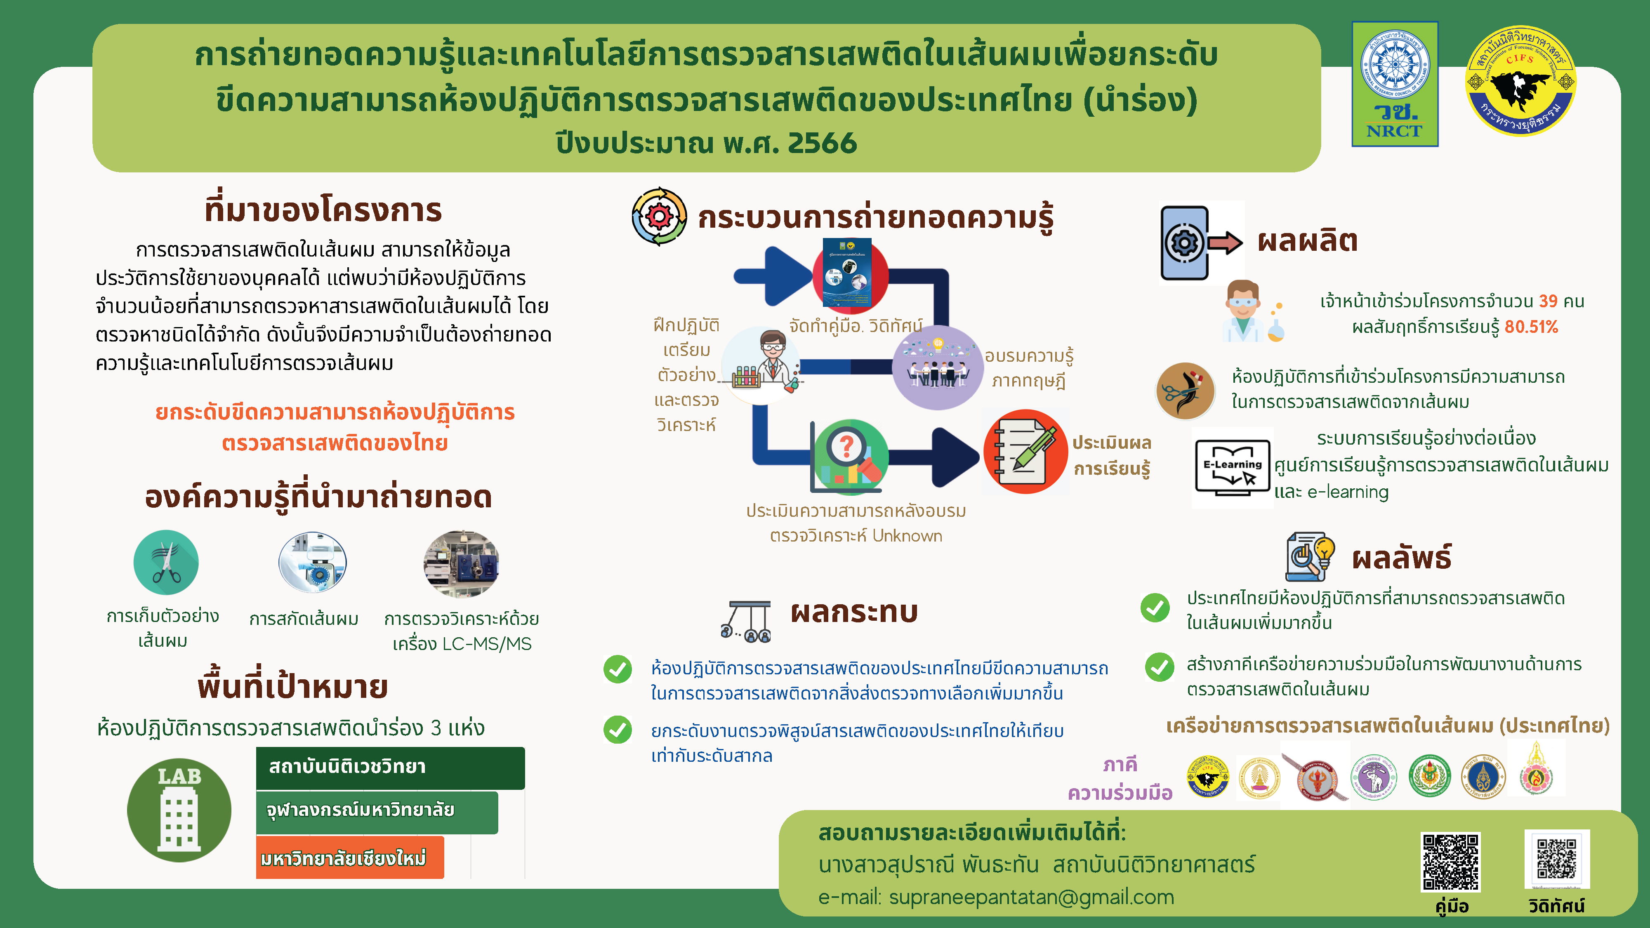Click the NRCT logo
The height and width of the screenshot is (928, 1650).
click(1394, 84)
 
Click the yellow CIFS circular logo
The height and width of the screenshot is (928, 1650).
click(1520, 81)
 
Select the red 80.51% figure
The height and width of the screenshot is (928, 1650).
click(1531, 327)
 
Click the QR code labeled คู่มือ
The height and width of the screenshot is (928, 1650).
click(1451, 862)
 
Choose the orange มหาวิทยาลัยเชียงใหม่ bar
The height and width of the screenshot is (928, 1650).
click(350, 857)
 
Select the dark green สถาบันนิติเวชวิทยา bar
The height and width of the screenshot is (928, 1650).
click(390, 768)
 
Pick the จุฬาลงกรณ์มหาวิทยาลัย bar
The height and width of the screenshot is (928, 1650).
click(377, 813)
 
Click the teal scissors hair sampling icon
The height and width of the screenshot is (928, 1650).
click(166, 562)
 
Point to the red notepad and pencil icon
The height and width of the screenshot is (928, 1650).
click(1025, 452)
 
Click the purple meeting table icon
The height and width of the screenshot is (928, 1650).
click(938, 367)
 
